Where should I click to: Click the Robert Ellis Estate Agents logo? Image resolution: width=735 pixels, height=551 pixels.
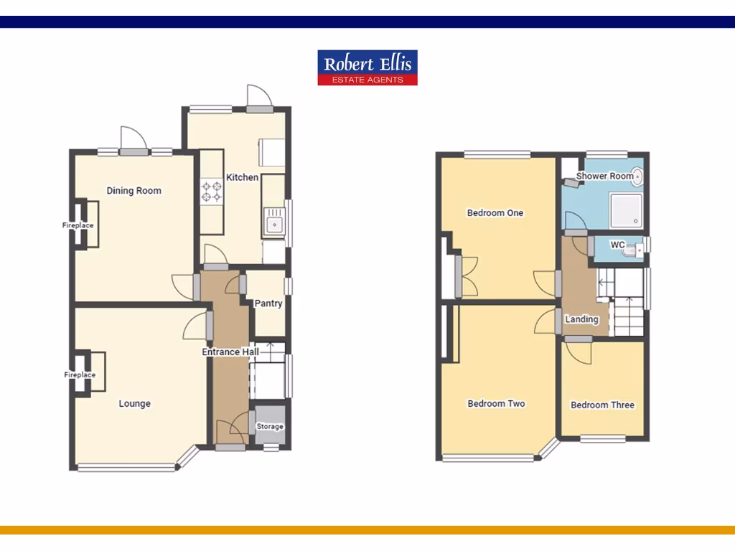tap(367, 67)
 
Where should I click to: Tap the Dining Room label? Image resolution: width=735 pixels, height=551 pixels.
tap(134, 191)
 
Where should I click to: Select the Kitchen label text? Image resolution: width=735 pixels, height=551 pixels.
tap(242, 177)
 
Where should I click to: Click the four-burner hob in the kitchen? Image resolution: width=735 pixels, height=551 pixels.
tap(212, 191)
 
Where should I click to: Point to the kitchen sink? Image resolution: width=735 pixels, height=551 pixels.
tap(274, 223)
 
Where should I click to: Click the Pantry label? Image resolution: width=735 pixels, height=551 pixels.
tap(268, 303)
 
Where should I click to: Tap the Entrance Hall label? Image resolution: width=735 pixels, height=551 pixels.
tap(230, 352)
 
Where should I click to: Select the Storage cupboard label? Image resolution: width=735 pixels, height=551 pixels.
tap(270, 427)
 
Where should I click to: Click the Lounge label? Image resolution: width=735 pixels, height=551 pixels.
tap(135, 404)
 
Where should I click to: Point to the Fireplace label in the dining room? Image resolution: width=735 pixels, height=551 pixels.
tap(78, 226)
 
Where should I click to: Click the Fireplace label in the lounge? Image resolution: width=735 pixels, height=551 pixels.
tap(80, 375)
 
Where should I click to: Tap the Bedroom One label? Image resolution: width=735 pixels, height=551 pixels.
tap(495, 213)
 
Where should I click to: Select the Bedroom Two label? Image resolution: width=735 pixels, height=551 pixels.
tap(496, 404)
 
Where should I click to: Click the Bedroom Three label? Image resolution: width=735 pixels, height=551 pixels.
tap(602, 405)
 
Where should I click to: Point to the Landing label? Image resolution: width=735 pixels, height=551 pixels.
tap(581, 319)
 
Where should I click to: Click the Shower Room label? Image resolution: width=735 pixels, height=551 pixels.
tap(605, 176)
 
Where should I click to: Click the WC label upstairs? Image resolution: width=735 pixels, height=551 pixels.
tap(617, 245)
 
